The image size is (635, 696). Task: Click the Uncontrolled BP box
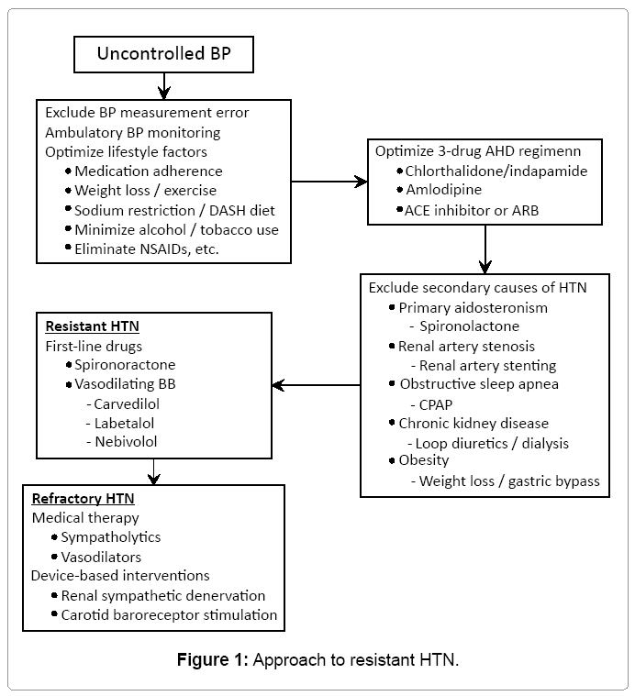tap(163, 54)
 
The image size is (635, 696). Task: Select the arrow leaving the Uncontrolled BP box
tap(163, 86)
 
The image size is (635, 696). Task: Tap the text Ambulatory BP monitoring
tap(133, 132)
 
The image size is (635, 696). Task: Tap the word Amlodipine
tap(444, 191)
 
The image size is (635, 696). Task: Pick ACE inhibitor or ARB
tap(471, 211)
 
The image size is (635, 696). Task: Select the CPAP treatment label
tap(437, 404)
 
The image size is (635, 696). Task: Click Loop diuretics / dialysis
tap(492, 443)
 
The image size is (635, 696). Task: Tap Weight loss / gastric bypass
tap(508, 481)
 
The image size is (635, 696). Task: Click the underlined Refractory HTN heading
tap(84, 499)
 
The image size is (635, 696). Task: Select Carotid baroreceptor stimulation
tap(169, 615)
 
